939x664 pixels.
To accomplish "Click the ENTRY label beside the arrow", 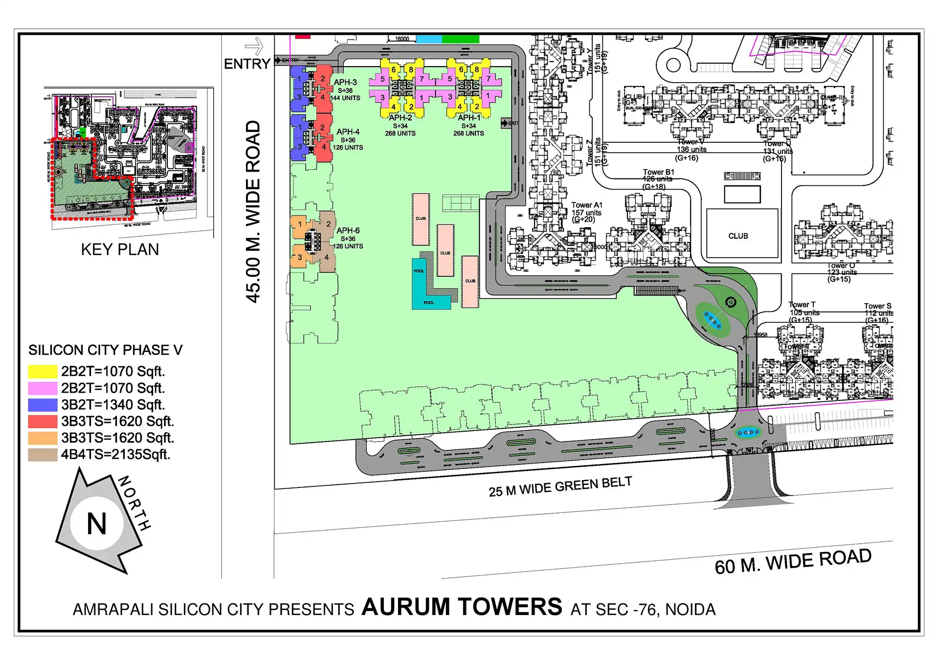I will [246, 64].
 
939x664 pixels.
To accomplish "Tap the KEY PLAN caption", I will [120, 249].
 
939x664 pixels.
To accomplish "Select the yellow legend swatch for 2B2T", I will [43, 372].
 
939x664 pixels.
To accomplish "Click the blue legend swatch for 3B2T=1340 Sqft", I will [43, 405].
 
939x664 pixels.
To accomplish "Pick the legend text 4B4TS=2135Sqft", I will [115, 455].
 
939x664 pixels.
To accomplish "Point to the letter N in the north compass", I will [96, 524].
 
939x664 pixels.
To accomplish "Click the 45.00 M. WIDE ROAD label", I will [253, 211].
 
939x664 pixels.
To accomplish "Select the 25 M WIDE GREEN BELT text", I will [560, 487].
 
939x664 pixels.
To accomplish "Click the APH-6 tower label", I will [348, 230].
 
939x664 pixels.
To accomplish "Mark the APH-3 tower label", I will [345, 82].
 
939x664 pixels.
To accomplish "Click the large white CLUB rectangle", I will [741, 234].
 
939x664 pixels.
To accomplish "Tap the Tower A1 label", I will [586, 205].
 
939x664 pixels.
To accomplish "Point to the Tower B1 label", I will [658, 172].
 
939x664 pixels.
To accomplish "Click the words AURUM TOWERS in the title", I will [462, 607].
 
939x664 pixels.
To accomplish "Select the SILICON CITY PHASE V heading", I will [105, 350].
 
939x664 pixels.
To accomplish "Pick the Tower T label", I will [802, 305].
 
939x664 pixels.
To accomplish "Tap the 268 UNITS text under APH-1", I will [468, 133].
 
